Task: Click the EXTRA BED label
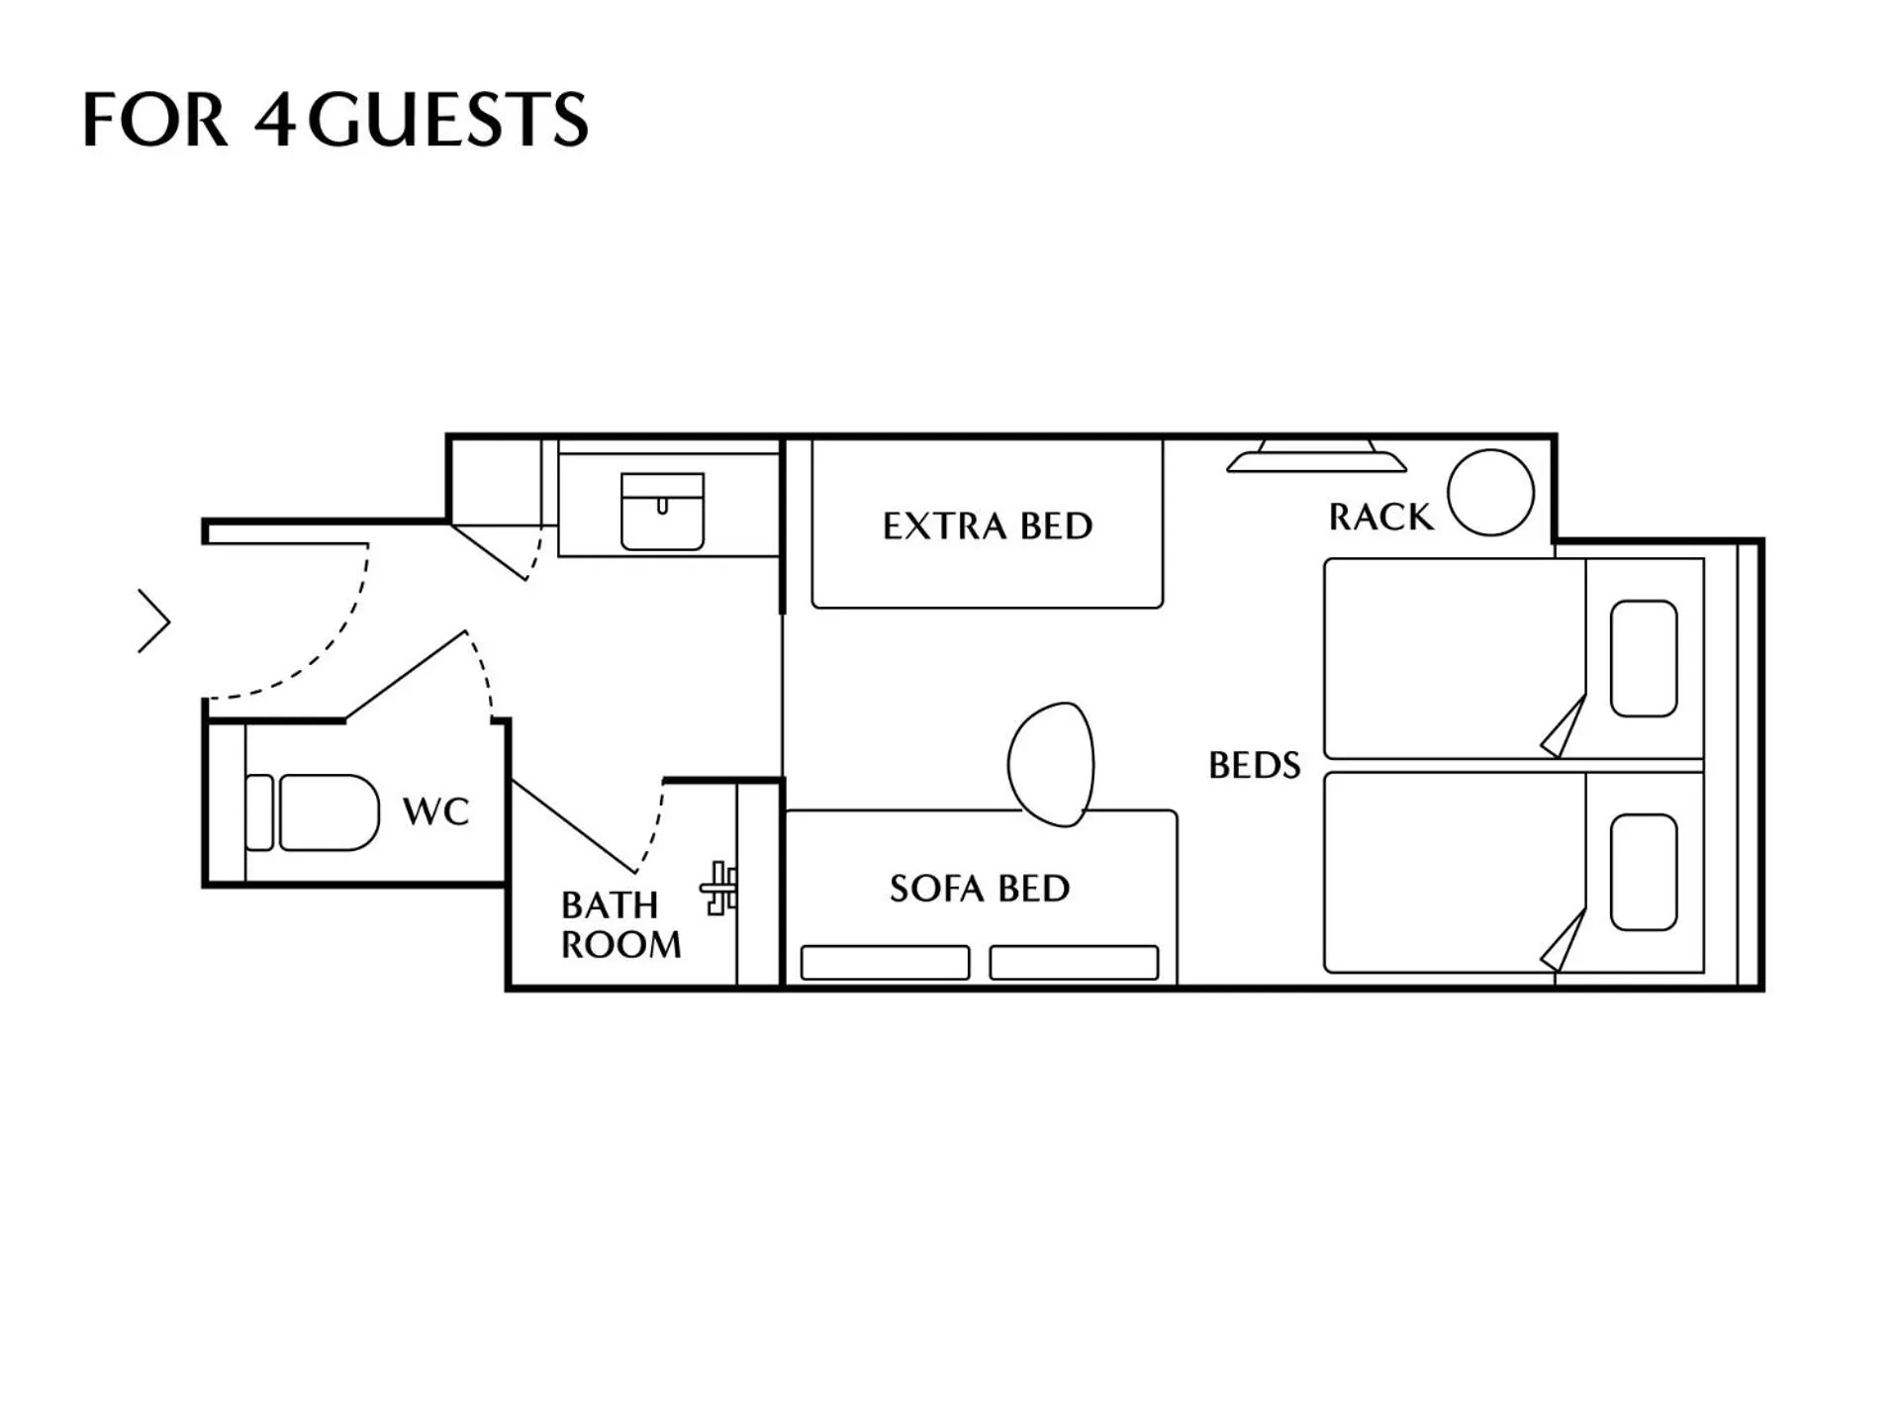click(x=987, y=525)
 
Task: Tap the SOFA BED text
click(x=979, y=889)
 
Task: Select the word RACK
click(x=1379, y=517)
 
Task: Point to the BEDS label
click(x=1254, y=765)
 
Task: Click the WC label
click(x=435, y=811)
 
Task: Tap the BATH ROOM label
click(x=620, y=925)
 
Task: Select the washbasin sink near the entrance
click(x=662, y=511)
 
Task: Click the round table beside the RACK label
click(x=1490, y=492)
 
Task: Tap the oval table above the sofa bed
click(x=1051, y=764)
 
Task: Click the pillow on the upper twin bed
click(x=1643, y=658)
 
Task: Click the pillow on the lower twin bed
click(x=1643, y=872)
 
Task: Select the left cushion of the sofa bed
click(x=885, y=963)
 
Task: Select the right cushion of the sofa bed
click(x=1074, y=963)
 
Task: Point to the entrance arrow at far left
click(x=154, y=621)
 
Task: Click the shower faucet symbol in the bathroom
click(x=719, y=888)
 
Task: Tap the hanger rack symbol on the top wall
click(x=1316, y=457)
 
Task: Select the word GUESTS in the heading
click(x=448, y=120)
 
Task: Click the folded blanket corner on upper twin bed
click(x=1565, y=730)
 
